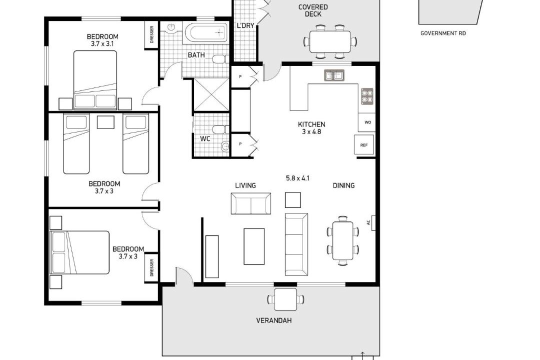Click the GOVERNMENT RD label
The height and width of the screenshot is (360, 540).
pyautogui.click(x=443, y=33)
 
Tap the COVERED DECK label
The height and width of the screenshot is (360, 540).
pyautogui.click(x=312, y=10)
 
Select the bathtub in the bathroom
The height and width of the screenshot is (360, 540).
pyautogui.click(x=206, y=32)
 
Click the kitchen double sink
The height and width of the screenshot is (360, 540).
pyautogui.click(x=333, y=75)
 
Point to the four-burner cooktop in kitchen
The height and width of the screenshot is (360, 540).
pyautogui.click(x=367, y=96)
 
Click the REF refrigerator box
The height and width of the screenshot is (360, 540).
pyautogui.click(x=364, y=144)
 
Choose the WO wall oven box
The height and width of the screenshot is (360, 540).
pyautogui.click(x=367, y=122)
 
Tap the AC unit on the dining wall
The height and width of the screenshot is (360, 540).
pyautogui.click(x=372, y=222)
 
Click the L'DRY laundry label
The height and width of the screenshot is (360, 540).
pyautogui.click(x=245, y=25)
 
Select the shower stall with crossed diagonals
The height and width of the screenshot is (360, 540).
pyautogui.click(x=211, y=94)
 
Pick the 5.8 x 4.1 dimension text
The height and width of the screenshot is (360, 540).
pyautogui.click(x=297, y=178)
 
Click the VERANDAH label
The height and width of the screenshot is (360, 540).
pyautogui.click(x=274, y=320)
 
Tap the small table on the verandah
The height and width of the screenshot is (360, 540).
pyautogui.click(x=285, y=299)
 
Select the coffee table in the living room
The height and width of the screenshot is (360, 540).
pyautogui.click(x=254, y=246)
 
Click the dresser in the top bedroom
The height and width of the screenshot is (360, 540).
pyautogui.click(x=151, y=35)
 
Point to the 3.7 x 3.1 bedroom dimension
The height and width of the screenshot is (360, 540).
pyautogui.click(x=102, y=44)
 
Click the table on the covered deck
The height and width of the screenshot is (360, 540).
pyautogui.click(x=330, y=41)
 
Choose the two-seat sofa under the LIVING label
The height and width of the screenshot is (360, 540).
pyautogui.click(x=250, y=203)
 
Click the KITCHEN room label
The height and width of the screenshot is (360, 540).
pyautogui.click(x=311, y=124)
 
